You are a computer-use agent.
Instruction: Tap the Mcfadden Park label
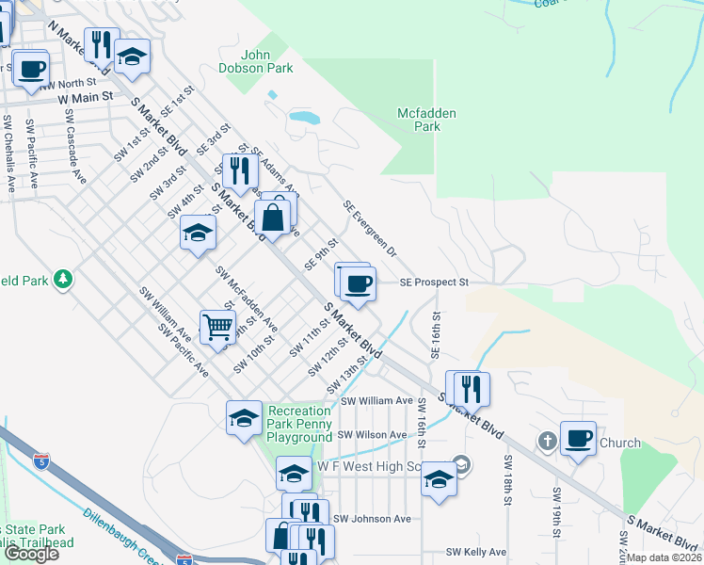(x=426, y=120)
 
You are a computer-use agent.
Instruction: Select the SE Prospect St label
(x=434, y=282)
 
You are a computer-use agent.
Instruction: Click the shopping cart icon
(x=217, y=328)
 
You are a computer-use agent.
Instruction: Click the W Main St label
(x=85, y=96)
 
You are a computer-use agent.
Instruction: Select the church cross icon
(x=547, y=441)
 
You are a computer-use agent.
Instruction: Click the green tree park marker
(x=62, y=279)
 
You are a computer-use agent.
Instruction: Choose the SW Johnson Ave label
(x=376, y=518)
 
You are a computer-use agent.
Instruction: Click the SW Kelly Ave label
(x=476, y=552)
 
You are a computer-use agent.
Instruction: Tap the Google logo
(x=31, y=554)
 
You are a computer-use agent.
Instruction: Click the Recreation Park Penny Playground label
(x=299, y=424)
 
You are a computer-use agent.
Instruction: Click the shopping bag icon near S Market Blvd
(x=272, y=219)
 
